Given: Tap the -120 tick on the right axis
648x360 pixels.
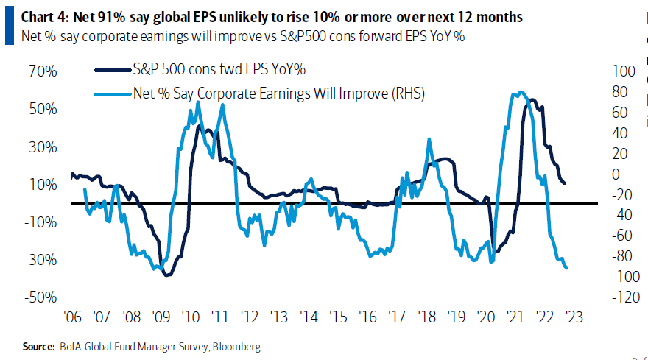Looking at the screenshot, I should (618, 297).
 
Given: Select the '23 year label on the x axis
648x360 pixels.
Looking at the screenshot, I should (573, 318).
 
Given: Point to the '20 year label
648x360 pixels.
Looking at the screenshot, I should (485, 318).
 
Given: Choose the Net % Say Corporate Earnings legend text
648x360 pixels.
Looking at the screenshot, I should (279, 93).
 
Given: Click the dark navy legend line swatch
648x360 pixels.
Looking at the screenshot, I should (110, 70).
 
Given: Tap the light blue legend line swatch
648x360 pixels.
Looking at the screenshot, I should (110, 93).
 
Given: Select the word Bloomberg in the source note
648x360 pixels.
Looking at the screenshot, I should (236, 345).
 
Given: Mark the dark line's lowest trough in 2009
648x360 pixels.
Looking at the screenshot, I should (167, 275).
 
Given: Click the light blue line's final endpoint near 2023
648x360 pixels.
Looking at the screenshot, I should (566, 268).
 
